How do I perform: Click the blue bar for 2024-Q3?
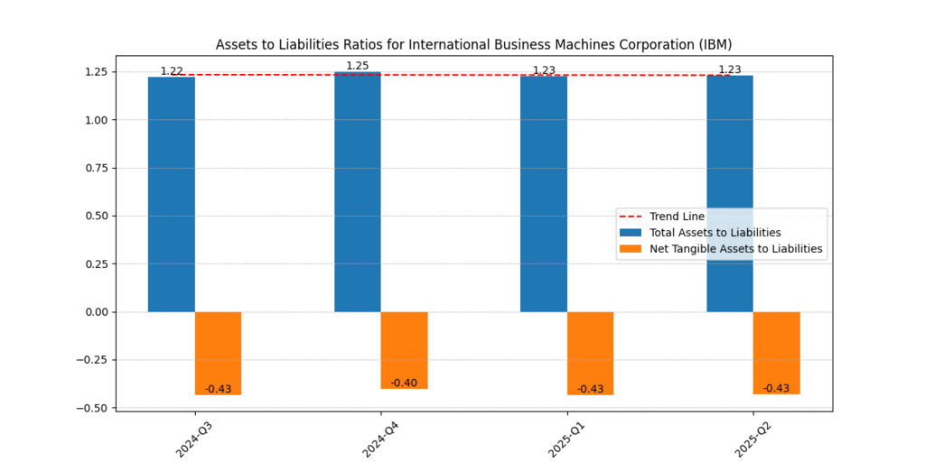(172, 194)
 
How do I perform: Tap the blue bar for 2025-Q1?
(544, 193)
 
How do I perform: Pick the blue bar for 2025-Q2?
(730, 193)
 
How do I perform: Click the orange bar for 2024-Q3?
(218, 353)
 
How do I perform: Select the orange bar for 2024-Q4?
(404, 350)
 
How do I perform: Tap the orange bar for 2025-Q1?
(590, 353)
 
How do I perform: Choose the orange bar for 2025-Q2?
(776, 353)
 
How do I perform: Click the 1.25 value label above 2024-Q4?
(358, 66)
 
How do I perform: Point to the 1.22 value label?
(172, 71)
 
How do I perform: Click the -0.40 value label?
(404, 383)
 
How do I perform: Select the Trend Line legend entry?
(677, 217)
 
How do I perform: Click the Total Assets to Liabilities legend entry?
(715, 233)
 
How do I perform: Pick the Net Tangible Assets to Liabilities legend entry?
(735, 249)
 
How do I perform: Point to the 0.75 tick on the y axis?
(97, 168)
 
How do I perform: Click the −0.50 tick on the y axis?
(93, 408)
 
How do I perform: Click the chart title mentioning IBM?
(473, 44)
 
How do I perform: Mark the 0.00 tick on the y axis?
(97, 312)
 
